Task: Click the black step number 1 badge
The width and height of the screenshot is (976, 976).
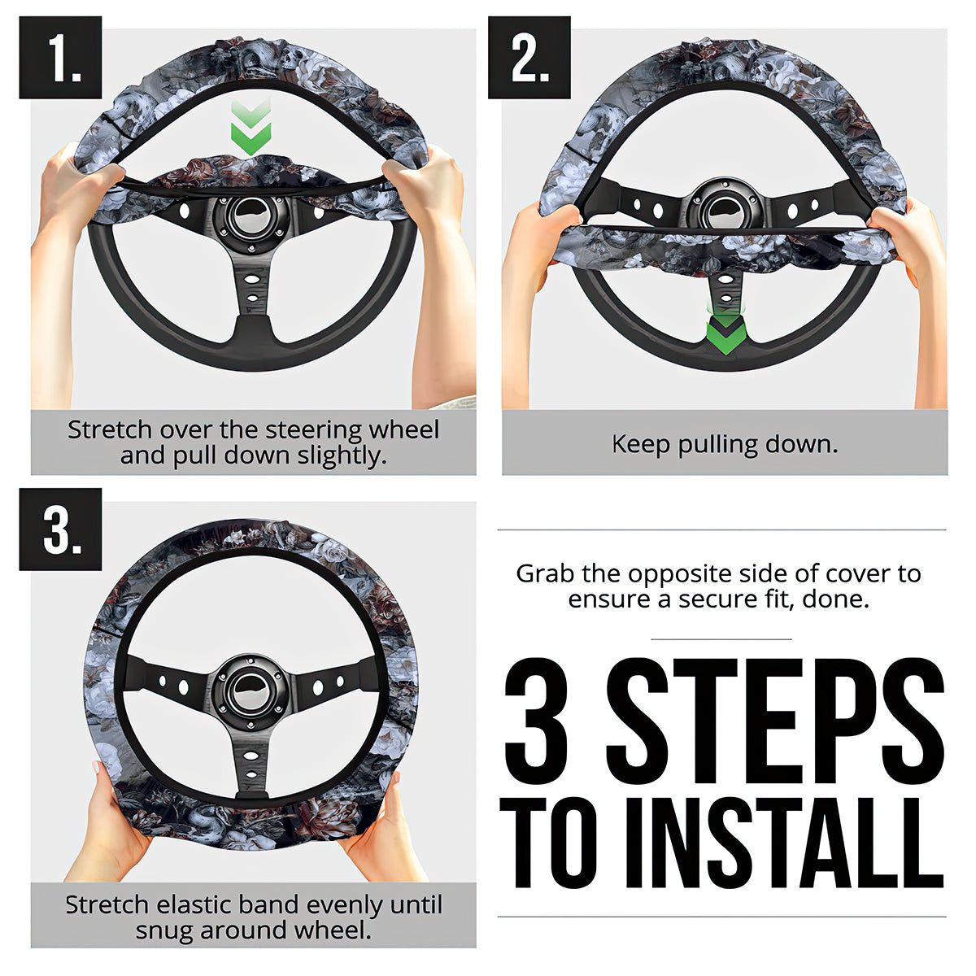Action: (x=60, y=57)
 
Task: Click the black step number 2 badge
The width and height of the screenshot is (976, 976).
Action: (x=529, y=57)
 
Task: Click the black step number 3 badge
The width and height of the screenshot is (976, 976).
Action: (x=60, y=529)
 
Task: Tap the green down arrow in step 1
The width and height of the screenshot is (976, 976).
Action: (x=251, y=127)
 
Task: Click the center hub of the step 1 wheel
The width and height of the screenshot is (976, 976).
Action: (x=251, y=218)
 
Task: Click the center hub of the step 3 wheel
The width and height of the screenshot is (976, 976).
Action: (x=251, y=691)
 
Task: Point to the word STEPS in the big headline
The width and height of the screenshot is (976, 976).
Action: (x=775, y=721)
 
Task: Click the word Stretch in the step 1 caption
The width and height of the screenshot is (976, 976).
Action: (x=110, y=430)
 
